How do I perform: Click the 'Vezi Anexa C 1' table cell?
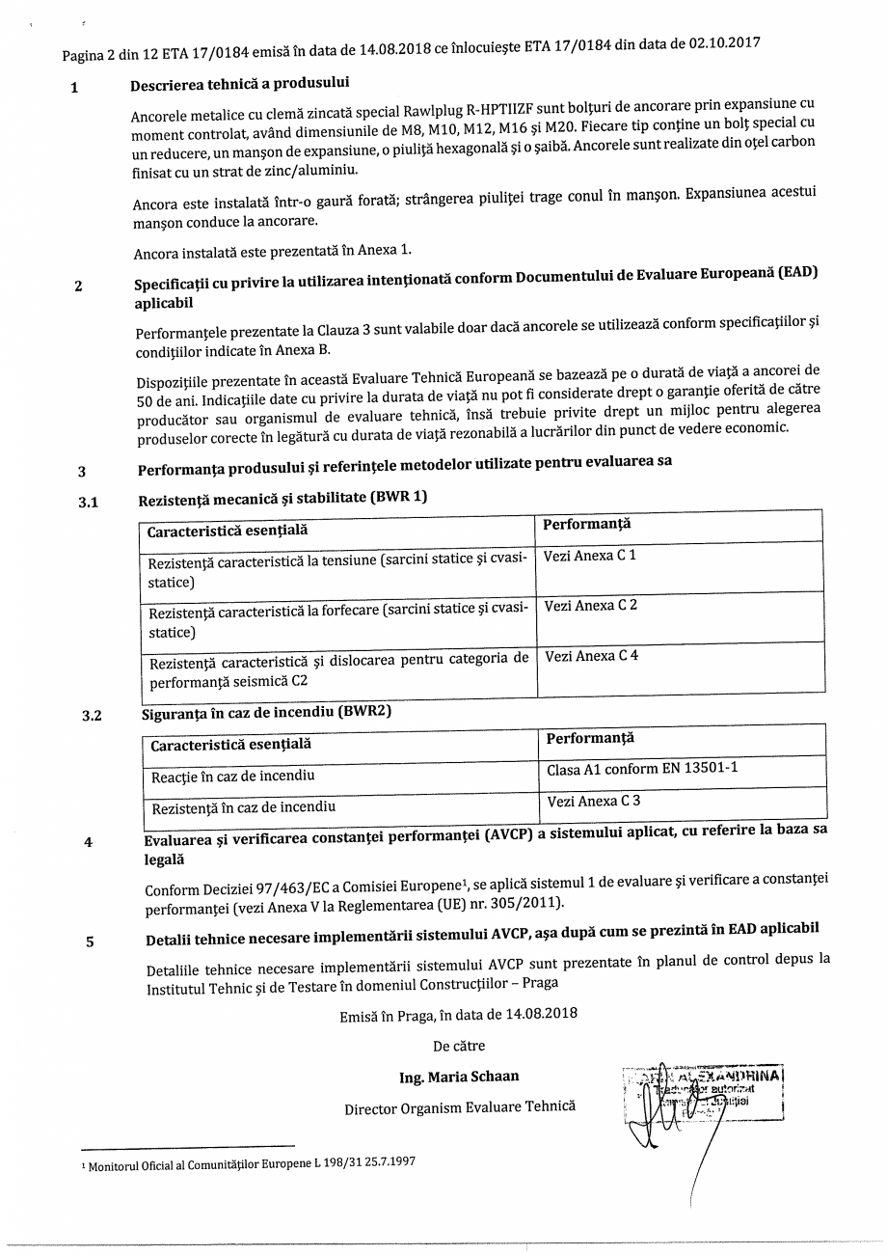(x=679, y=565)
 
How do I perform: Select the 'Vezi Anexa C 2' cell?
(x=680, y=615)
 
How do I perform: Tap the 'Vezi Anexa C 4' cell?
(x=681, y=666)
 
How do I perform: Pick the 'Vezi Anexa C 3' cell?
(x=682, y=803)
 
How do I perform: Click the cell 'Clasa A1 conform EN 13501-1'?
(x=682, y=770)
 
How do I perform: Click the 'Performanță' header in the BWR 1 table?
(x=586, y=524)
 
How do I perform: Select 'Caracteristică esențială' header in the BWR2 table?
(x=230, y=745)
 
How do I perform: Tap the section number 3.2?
(x=91, y=716)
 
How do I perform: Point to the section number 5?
(x=90, y=941)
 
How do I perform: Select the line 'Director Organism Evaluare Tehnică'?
(x=460, y=1107)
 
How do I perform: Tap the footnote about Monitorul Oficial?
(x=252, y=1162)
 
